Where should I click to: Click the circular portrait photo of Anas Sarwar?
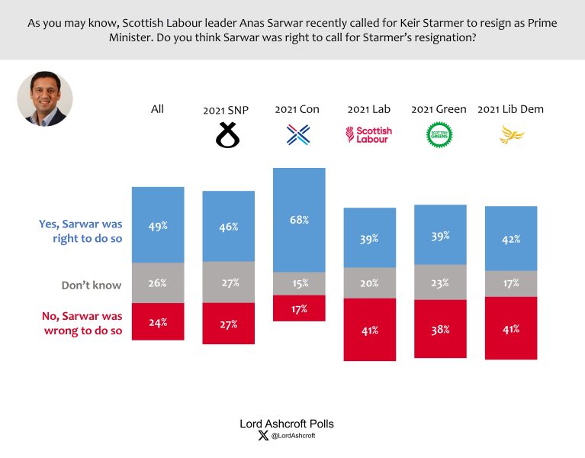click(45, 99)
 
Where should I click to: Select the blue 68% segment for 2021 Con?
click(299, 220)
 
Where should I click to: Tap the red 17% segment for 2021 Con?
click(299, 308)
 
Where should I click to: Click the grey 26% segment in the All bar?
click(158, 282)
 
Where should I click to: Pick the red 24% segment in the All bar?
click(158, 321)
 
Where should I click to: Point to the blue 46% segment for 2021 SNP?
click(228, 226)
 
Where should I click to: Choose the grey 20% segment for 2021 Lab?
click(370, 283)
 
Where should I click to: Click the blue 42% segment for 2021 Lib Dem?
click(511, 238)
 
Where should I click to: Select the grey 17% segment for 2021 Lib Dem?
click(511, 283)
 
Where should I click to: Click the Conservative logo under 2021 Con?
click(297, 136)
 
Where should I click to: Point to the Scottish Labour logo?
click(369, 135)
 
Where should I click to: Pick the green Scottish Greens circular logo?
click(439, 135)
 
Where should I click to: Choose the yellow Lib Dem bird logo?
click(510, 136)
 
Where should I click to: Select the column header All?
click(157, 109)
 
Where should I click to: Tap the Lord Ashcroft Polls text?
click(287, 424)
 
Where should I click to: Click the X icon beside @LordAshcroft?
click(264, 436)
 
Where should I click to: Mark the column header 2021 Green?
click(439, 109)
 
